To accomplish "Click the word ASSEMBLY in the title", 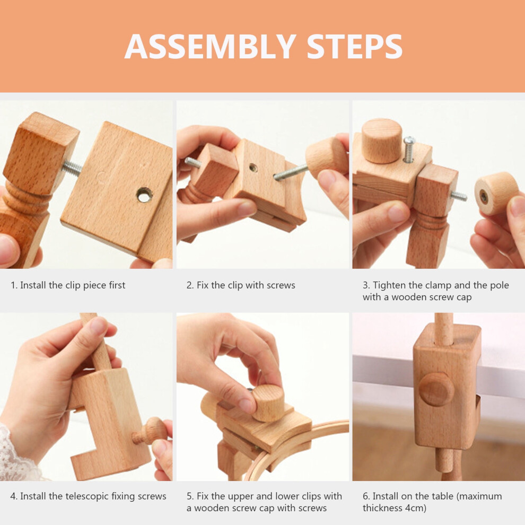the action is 211,46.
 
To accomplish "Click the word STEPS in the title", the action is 355,46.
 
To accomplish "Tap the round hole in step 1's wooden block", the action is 145,195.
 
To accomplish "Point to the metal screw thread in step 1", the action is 72,168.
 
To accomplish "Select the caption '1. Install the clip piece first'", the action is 68,285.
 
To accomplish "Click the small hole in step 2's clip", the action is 253,168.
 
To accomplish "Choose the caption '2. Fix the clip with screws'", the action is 241,285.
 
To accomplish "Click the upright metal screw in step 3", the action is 409,150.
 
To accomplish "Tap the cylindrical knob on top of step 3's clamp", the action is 382,141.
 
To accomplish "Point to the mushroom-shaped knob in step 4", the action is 150,431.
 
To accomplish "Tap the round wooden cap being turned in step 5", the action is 268,403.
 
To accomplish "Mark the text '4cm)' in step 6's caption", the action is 416,508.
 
